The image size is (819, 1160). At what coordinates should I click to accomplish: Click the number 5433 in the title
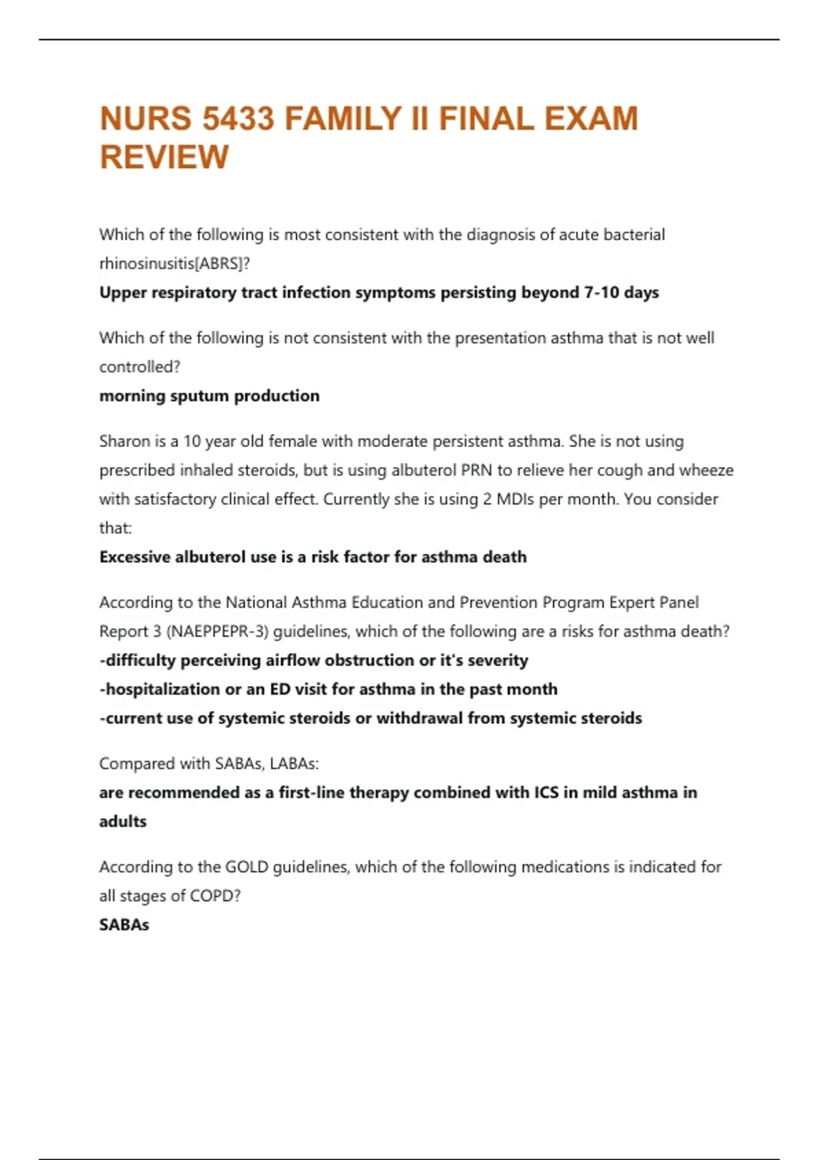[238, 119]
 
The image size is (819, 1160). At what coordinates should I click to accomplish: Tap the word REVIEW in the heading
[164, 157]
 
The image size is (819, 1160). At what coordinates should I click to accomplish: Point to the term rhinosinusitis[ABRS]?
[175, 263]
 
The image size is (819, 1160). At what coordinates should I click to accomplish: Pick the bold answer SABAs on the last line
[124, 925]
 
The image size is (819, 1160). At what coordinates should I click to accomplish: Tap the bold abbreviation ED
[280, 690]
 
